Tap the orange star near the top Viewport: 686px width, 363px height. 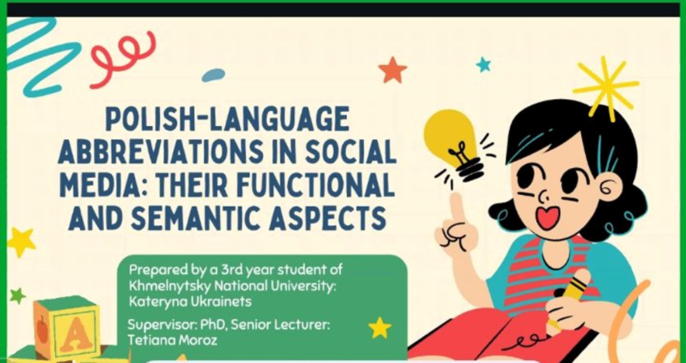393,70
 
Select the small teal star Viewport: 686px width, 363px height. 483,65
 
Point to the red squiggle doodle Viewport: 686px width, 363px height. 123,59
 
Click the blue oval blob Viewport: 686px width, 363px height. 213,75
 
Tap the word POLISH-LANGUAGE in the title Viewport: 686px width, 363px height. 227,118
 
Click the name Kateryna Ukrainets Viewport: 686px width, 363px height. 190,302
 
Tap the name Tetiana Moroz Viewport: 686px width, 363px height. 172,340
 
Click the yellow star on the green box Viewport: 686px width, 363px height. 379,328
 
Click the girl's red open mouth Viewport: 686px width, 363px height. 548,217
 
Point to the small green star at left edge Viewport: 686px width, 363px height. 18,295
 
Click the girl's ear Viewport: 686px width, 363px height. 609,187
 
